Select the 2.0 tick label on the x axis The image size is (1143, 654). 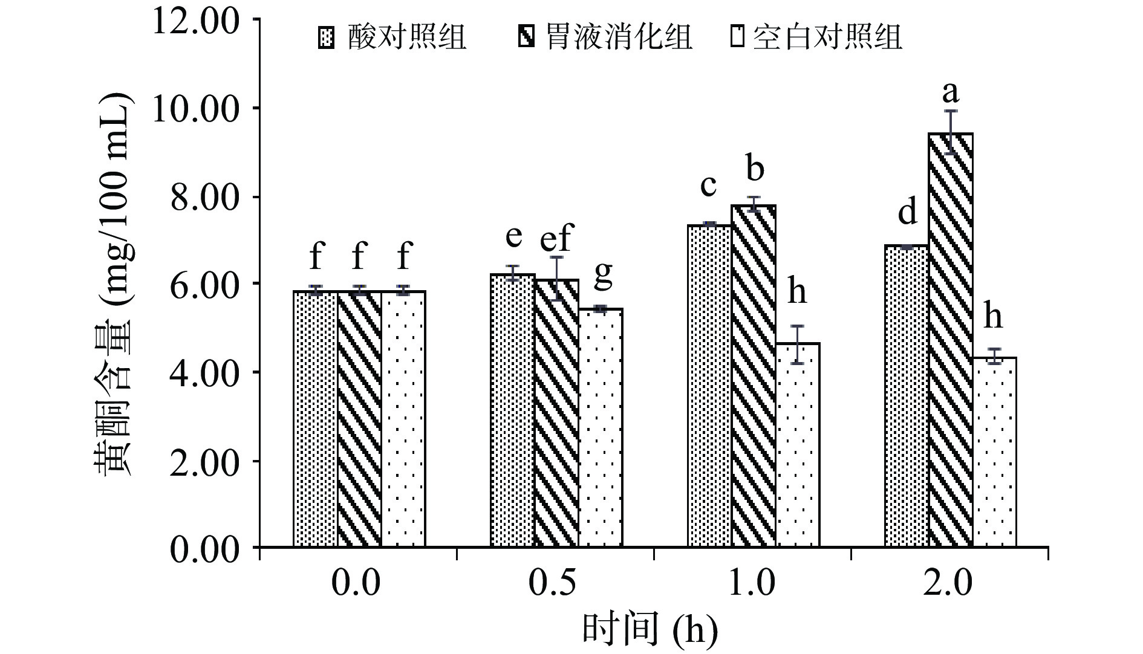[x=948, y=584]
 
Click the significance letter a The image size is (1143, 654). [x=951, y=92]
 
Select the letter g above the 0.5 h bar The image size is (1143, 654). [x=603, y=276]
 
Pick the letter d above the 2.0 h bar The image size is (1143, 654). [x=907, y=213]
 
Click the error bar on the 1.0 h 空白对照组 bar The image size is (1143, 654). [x=798, y=345]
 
